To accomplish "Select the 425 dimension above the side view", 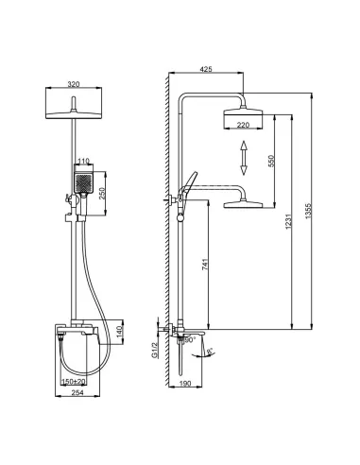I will click(x=205, y=69).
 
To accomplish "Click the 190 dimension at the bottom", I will click(x=187, y=384).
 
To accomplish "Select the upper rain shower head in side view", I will click(x=243, y=115).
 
